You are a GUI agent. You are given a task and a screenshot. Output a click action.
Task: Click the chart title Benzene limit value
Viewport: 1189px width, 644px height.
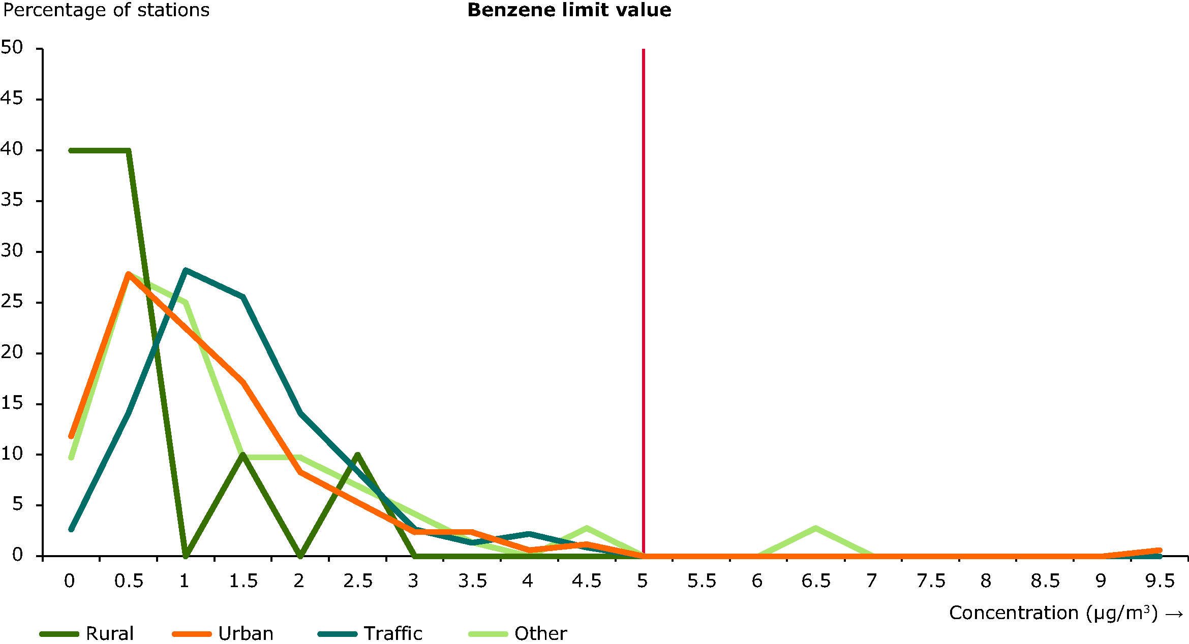click(569, 10)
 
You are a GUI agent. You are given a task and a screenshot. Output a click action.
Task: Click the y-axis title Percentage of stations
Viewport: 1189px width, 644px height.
click(106, 10)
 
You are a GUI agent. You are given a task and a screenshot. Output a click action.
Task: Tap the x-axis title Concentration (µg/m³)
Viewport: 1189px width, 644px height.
click(1065, 613)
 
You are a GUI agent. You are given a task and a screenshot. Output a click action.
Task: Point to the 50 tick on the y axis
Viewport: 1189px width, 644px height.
click(12, 48)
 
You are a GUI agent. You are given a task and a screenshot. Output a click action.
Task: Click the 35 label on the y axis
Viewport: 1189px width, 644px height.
click(12, 200)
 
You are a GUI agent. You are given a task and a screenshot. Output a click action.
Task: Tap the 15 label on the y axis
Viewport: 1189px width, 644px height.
click(12, 403)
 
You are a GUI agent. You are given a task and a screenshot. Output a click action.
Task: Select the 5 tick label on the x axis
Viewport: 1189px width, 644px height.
click(643, 581)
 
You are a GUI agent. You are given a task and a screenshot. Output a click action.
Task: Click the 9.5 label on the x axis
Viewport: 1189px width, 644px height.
click(1160, 581)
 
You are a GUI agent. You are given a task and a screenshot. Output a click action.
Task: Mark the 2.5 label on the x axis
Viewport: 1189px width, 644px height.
click(357, 581)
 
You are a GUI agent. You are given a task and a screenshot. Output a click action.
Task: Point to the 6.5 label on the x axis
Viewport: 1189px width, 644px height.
click(816, 581)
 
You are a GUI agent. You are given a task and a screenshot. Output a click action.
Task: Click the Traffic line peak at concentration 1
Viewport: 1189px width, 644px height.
click(186, 270)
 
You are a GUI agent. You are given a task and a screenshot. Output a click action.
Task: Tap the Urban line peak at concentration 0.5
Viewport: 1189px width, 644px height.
click(129, 274)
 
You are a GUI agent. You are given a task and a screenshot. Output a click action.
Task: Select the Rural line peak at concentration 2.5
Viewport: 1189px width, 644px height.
click(358, 455)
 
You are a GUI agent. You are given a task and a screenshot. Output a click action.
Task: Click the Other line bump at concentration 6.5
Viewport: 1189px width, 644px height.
click(815, 528)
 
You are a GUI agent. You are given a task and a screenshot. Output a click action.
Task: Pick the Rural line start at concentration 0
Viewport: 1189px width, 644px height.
click(72, 150)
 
